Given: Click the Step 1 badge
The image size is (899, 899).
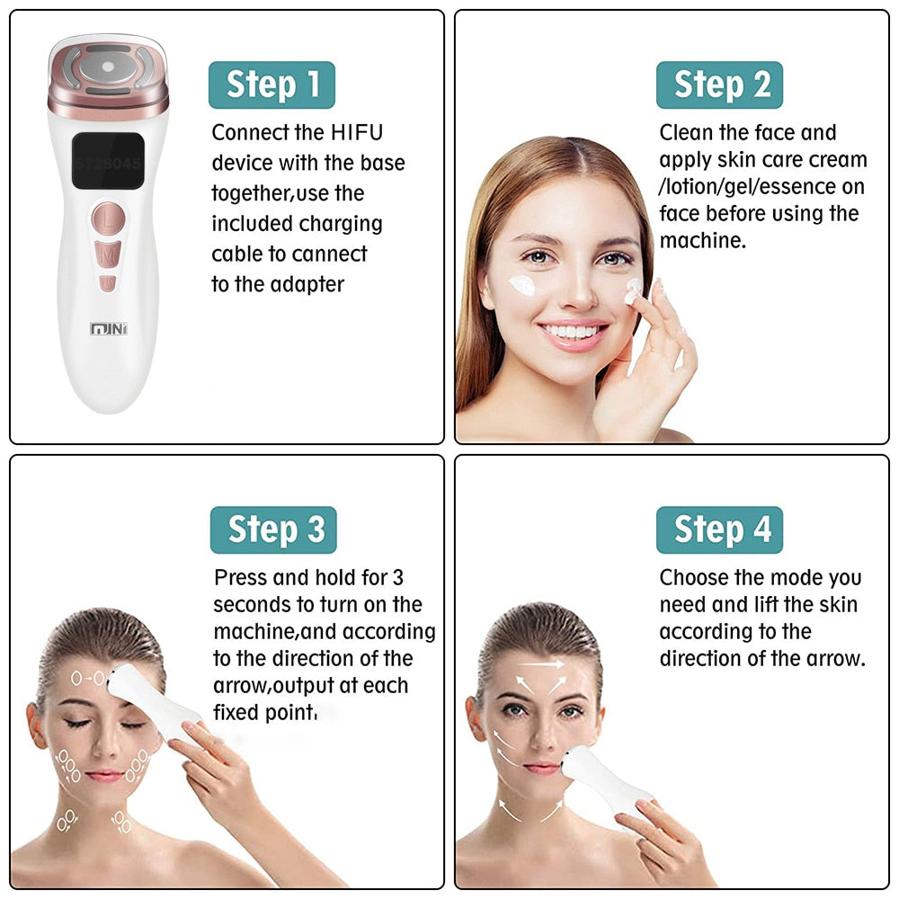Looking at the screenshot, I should [271, 85].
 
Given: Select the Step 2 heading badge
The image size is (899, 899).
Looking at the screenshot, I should [719, 85].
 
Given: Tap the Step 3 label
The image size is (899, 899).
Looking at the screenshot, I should [273, 530].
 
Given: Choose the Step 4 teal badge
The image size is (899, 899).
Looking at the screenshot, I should [719, 530].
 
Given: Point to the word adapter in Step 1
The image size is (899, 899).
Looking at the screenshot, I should [307, 285].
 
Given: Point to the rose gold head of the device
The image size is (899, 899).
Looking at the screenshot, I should [108, 76].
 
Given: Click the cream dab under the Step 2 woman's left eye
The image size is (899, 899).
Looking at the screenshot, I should [522, 285].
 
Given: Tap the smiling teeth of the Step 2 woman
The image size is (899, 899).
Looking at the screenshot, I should [571, 332].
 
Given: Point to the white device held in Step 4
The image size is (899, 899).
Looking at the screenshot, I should [605, 778].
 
